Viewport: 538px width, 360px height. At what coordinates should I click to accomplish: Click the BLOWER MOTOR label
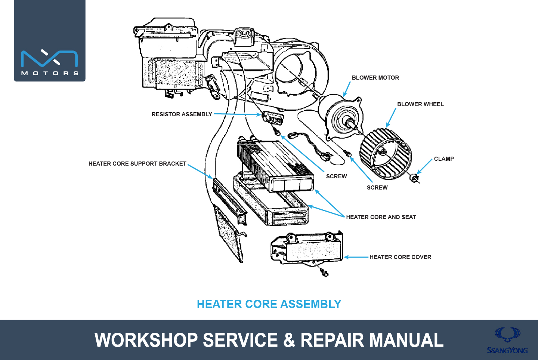point(375,78)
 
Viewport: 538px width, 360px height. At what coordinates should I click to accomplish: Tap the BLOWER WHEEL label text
point(420,104)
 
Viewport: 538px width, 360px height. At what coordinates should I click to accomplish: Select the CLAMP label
point(444,159)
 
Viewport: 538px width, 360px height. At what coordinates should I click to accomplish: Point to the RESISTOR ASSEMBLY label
point(182,114)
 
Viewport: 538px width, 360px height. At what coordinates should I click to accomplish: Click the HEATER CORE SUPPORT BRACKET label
point(137,164)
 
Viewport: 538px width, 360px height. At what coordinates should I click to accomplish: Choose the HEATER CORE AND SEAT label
point(381,217)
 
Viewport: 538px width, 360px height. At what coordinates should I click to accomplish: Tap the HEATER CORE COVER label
point(401,257)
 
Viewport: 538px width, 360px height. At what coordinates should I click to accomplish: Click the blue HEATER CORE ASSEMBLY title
point(269,304)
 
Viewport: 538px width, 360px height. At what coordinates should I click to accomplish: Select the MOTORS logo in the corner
point(50,41)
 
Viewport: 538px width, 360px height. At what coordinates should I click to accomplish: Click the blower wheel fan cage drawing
point(386,154)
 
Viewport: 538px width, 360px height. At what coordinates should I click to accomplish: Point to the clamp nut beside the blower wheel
point(414,178)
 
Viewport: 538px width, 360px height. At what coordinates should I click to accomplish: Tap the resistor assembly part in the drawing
point(273,118)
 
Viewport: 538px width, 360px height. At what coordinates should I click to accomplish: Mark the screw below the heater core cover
point(324,273)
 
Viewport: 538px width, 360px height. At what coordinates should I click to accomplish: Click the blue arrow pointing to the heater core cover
point(356,257)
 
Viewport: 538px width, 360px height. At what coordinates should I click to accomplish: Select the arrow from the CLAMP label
point(425,166)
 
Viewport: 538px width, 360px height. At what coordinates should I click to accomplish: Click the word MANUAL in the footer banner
point(406,340)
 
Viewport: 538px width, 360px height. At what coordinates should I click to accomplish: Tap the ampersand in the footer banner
point(289,340)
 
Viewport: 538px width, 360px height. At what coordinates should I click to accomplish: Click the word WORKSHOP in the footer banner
point(146,340)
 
